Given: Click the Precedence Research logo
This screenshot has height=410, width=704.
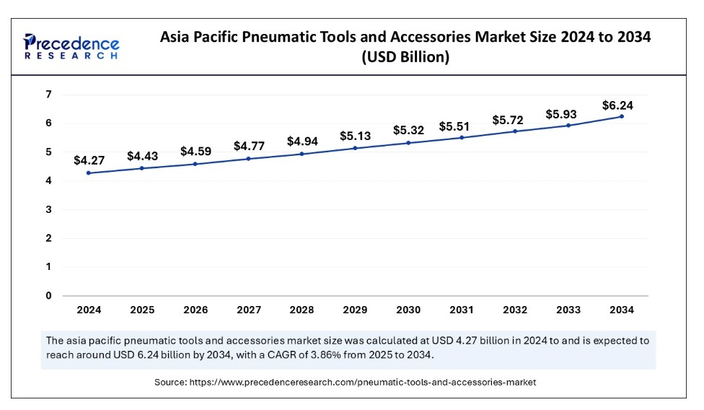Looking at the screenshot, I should click(71, 45).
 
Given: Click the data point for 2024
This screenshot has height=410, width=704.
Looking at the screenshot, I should click(89, 173).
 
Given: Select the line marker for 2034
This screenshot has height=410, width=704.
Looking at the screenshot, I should click(621, 116).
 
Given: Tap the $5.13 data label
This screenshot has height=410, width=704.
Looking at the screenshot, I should click(355, 136).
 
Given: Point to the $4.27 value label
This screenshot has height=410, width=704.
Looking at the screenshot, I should click(89, 160).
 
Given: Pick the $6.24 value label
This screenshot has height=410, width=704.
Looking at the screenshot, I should click(617, 105).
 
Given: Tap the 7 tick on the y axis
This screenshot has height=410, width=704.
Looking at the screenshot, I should click(48, 95).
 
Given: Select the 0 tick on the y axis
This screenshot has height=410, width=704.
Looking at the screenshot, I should click(48, 295).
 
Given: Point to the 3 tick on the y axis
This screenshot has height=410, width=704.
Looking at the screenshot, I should click(48, 209).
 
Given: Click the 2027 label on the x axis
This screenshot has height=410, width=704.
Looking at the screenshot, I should click(249, 310).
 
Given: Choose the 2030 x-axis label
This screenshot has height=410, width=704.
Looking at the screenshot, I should click(408, 310).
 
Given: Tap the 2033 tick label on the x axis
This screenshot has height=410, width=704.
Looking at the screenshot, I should click(568, 310).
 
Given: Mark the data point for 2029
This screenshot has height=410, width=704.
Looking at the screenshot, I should click(355, 148).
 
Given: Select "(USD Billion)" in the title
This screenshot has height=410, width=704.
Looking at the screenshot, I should click(405, 58).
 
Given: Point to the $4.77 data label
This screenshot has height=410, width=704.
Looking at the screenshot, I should click(249, 146).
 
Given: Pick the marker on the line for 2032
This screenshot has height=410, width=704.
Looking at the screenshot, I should click(515, 131).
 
